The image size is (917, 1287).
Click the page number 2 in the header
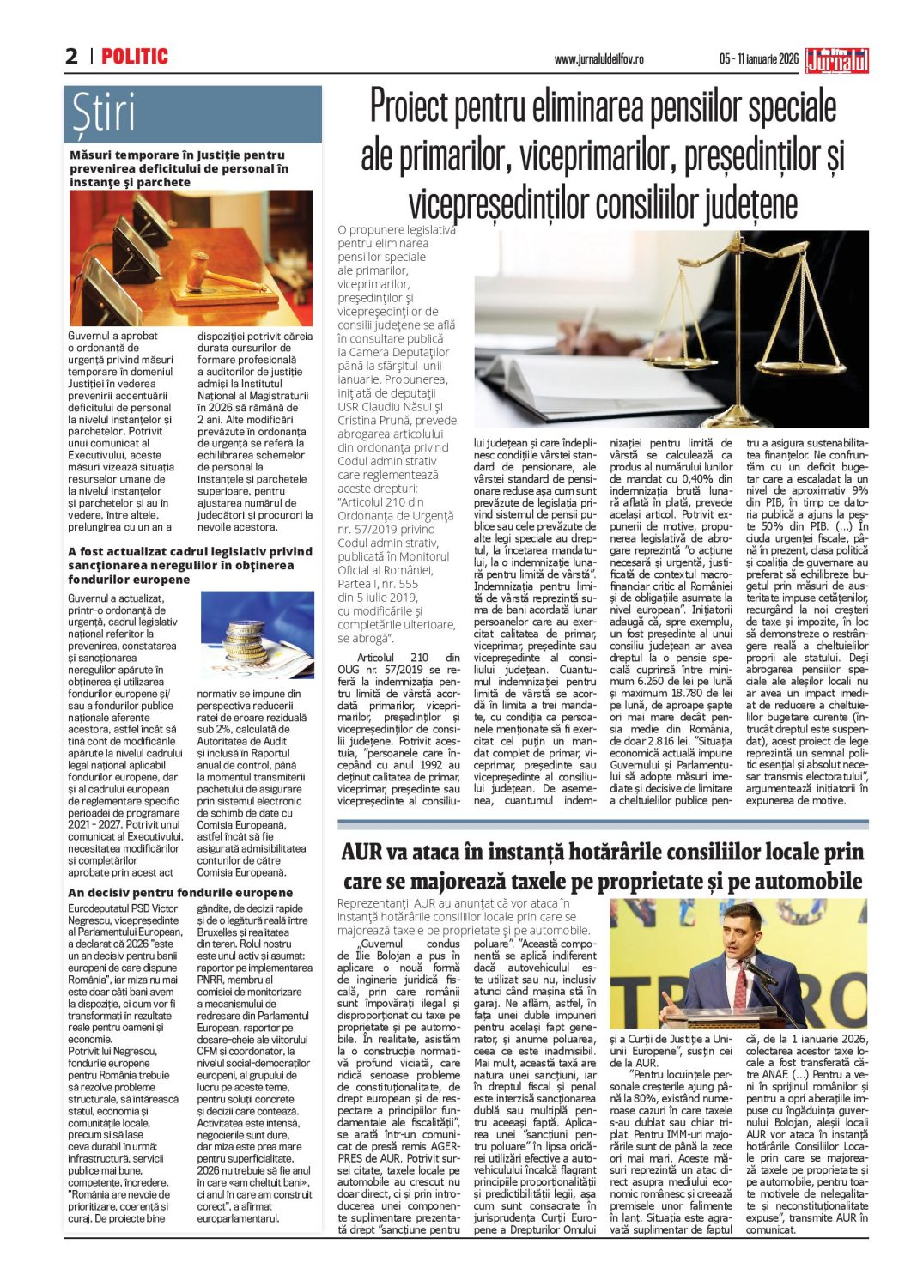[x=71, y=57]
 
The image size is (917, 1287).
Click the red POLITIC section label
[x=135, y=57]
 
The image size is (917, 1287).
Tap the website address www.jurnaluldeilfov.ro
[x=598, y=59]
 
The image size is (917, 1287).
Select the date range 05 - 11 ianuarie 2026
[x=758, y=59]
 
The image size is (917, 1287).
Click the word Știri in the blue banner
[x=104, y=113]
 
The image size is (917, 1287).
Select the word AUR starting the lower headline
[x=361, y=852]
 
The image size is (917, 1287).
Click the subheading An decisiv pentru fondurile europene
[x=180, y=893]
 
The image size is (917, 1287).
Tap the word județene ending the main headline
[x=750, y=204]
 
